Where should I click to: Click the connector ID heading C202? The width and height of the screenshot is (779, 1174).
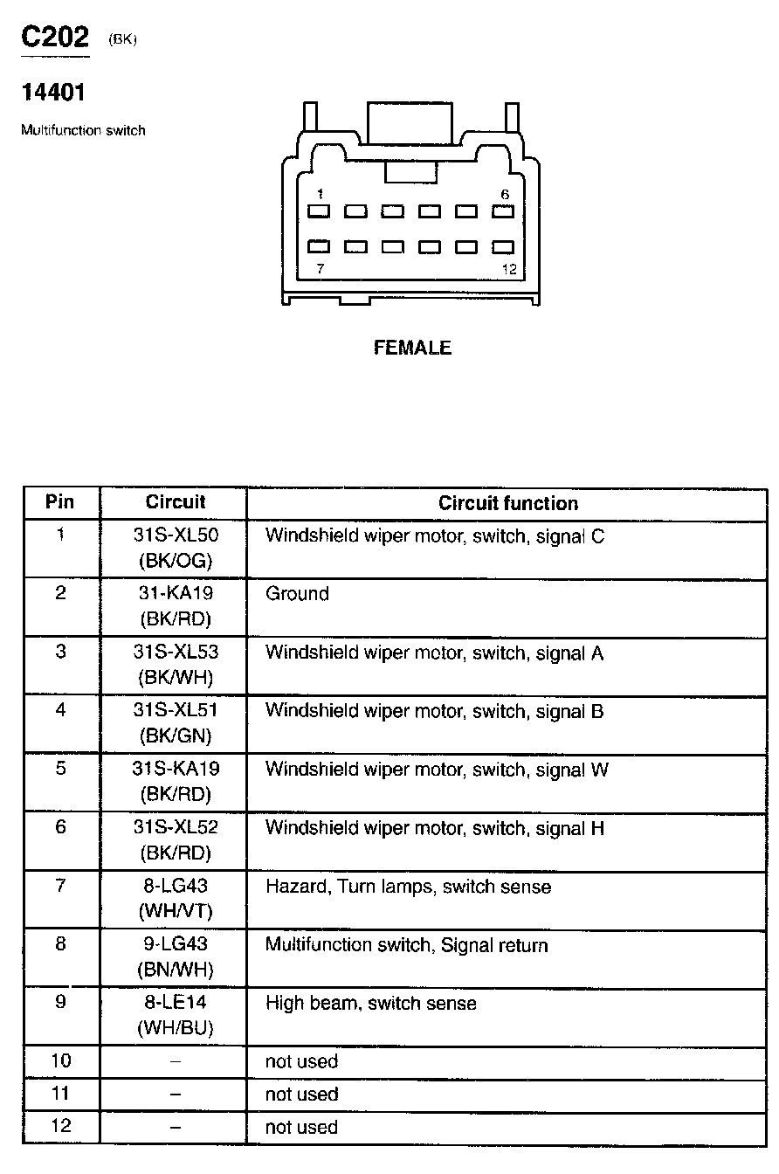[55, 38]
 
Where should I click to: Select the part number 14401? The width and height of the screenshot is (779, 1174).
[53, 93]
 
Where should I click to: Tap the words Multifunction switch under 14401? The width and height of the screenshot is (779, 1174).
[83, 131]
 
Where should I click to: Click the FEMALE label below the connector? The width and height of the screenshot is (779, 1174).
[412, 348]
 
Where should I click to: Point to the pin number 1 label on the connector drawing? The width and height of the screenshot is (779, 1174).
[321, 194]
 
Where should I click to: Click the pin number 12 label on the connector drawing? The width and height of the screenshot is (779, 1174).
[509, 269]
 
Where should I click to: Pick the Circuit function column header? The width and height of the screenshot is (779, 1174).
[507, 503]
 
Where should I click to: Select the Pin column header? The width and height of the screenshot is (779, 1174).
[60, 502]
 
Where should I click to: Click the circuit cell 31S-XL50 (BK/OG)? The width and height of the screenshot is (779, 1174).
[175, 548]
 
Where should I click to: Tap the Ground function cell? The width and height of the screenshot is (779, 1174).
[297, 594]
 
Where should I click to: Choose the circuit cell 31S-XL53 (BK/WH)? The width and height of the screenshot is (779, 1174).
[175, 664]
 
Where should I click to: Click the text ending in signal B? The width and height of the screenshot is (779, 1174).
[434, 711]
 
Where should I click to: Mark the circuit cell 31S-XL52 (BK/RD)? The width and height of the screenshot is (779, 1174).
[175, 839]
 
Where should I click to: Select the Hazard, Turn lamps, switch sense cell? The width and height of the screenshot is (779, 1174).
[408, 887]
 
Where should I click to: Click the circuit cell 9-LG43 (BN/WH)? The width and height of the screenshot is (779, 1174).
[175, 956]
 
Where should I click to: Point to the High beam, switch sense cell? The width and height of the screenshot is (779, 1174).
[370, 1004]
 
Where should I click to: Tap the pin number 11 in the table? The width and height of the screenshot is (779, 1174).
[60, 1094]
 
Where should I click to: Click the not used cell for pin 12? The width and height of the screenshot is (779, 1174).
[301, 1127]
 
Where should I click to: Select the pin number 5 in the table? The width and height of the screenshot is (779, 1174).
[60, 770]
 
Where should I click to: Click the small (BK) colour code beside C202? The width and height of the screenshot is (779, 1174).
[124, 40]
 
